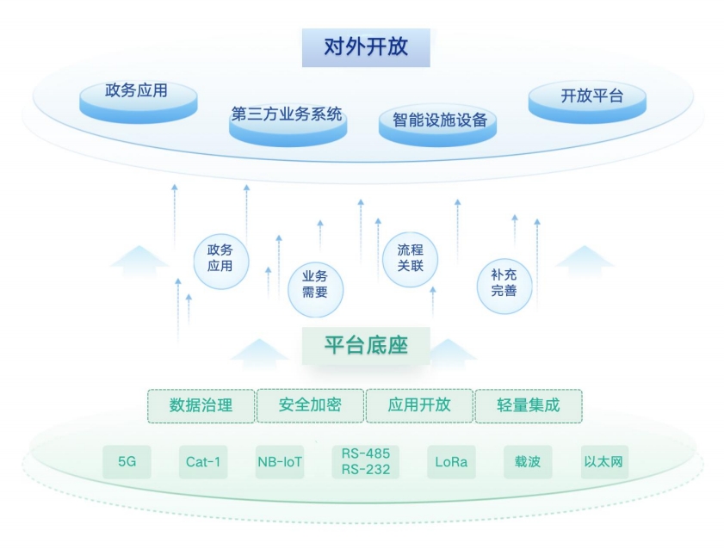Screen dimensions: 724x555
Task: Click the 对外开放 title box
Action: point(366,47)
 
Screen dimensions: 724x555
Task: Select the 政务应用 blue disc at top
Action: point(138,102)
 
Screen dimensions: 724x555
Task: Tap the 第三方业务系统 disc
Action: point(288,126)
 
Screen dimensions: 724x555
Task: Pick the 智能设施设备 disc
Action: point(437,126)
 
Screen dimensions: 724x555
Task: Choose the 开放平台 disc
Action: point(587,102)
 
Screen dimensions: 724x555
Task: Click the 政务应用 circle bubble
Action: point(220,262)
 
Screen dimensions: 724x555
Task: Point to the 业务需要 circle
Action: point(315,289)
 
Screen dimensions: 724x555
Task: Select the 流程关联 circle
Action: point(410,259)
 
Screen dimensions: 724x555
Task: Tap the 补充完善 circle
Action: point(504,286)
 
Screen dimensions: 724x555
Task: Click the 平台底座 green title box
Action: point(366,346)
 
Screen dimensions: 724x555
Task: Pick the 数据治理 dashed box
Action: point(201,406)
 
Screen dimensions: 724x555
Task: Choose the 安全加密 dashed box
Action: point(310,405)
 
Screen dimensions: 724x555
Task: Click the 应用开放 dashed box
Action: point(419,405)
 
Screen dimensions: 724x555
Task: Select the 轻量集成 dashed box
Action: point(529,406)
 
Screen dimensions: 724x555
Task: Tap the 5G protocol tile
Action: point(127,462)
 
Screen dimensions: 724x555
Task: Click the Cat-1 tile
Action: point(203,462)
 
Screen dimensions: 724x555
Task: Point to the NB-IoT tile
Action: point(280,462)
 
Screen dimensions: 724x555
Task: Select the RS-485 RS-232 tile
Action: point(366,462)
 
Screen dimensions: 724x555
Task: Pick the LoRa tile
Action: point(451,462)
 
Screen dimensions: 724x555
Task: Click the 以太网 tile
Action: point(604,462)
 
